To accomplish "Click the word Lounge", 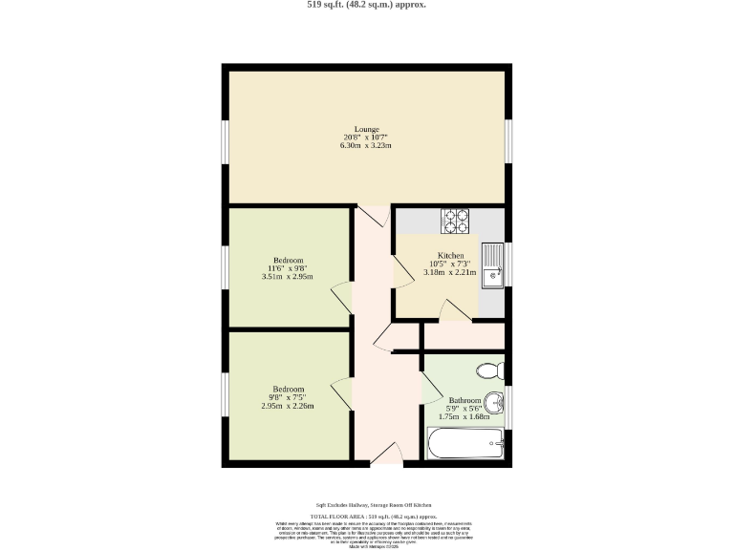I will coord(367,129).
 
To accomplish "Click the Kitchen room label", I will coord(450,256).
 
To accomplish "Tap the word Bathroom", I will coord(464,400).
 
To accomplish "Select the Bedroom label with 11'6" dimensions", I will coord(288,261).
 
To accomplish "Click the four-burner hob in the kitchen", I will coord(455,221).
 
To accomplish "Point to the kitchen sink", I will coord(493,264).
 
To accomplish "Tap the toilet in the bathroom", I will coord(489,370).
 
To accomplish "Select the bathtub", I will coord(464,444).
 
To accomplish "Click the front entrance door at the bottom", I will coord(385,455).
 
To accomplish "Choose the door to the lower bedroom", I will coord(341,394).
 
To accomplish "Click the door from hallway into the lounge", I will coord(375,217).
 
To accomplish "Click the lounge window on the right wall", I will coord(509,139).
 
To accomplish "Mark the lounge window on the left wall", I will coord(225,139).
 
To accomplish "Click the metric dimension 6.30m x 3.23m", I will coord(367,146).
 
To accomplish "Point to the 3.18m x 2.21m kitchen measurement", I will coord(450,272).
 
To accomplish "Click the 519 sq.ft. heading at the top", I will coord(367,5).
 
